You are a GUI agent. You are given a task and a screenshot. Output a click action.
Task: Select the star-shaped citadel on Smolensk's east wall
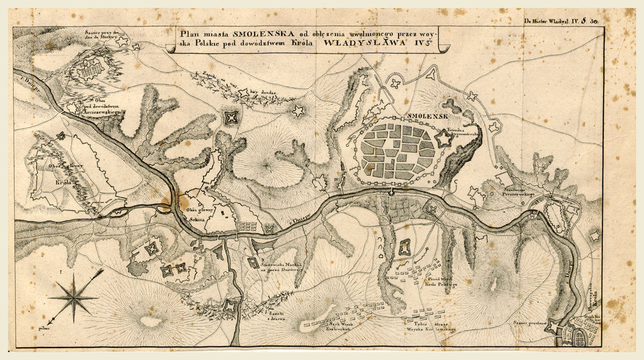coord(444,140)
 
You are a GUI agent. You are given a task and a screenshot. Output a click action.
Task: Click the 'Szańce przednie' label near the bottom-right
coord(528,323)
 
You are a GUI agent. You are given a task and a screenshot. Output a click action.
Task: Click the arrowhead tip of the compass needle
coord(101,271)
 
